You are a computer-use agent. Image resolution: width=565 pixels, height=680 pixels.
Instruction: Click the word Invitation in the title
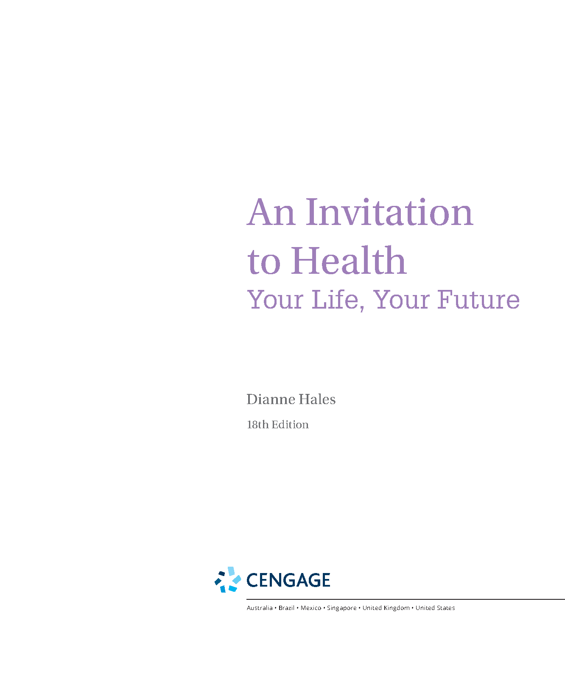pyautogui.click(x=389, y=212)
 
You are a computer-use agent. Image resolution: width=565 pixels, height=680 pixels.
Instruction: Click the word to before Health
pyautogui.click(x=264, y=263)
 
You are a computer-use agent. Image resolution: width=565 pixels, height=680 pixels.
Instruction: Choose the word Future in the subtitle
pyautogui.click(x=478, y=300)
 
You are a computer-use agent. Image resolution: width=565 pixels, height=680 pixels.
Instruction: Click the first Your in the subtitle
pyautogui.click(x=275, y=300)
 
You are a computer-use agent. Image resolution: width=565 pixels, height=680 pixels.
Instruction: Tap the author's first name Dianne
pyautogui.click(x=271, y=399)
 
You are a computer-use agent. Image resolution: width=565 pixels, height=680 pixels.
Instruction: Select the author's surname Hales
pyautogui.click(x=317, y=399)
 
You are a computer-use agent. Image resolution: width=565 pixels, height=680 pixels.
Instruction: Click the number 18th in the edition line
pyautogui.click(x=257, y=424)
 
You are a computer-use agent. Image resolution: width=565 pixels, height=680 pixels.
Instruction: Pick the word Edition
pyautogui.click(x=290, y=424)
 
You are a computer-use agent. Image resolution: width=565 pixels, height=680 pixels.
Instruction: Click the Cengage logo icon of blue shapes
pyautogui.click(x=228, y=579)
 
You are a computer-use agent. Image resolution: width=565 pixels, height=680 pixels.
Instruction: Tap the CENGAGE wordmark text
pyautogui.click(x=288, y=580)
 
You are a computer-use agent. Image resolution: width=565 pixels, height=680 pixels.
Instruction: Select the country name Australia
pyautogui.click(x=260, y=608)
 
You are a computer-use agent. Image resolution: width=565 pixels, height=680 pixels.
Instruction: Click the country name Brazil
pyautogui.click(x=286, y=608)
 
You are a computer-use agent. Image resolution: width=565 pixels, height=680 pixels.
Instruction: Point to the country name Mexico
pyautogui.click(x=311, y=608)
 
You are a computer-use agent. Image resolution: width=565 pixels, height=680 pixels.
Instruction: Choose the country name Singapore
pyautogui.click(x=342, y=608)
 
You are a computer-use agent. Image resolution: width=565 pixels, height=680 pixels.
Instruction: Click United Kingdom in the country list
pyautogui.click(x=386, y=608)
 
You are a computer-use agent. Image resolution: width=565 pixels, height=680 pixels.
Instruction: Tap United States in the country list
pyautogui.click(x=435, y=608)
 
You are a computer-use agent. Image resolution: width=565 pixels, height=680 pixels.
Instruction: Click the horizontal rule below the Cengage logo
pyautogui.click(x=406, y=599)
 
